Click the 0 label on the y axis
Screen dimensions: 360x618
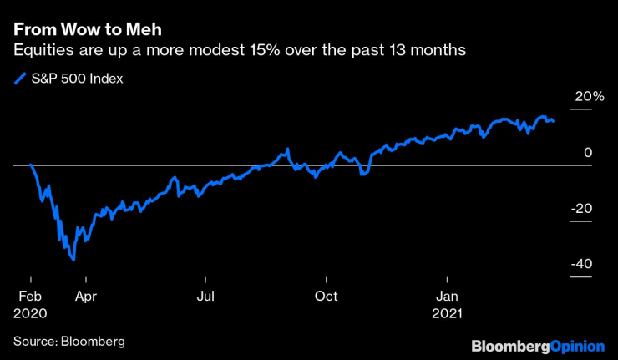pyautogui.click(x=588, y=153)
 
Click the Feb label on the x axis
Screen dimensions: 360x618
pyautogui.click(x=30, y=296)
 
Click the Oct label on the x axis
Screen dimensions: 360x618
pyautogui.click(x=327, y=296)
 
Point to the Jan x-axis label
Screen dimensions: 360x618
pyautogui.click(x=448, y=296)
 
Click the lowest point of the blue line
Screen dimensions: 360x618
pyautogui.click(x=74, y=260)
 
